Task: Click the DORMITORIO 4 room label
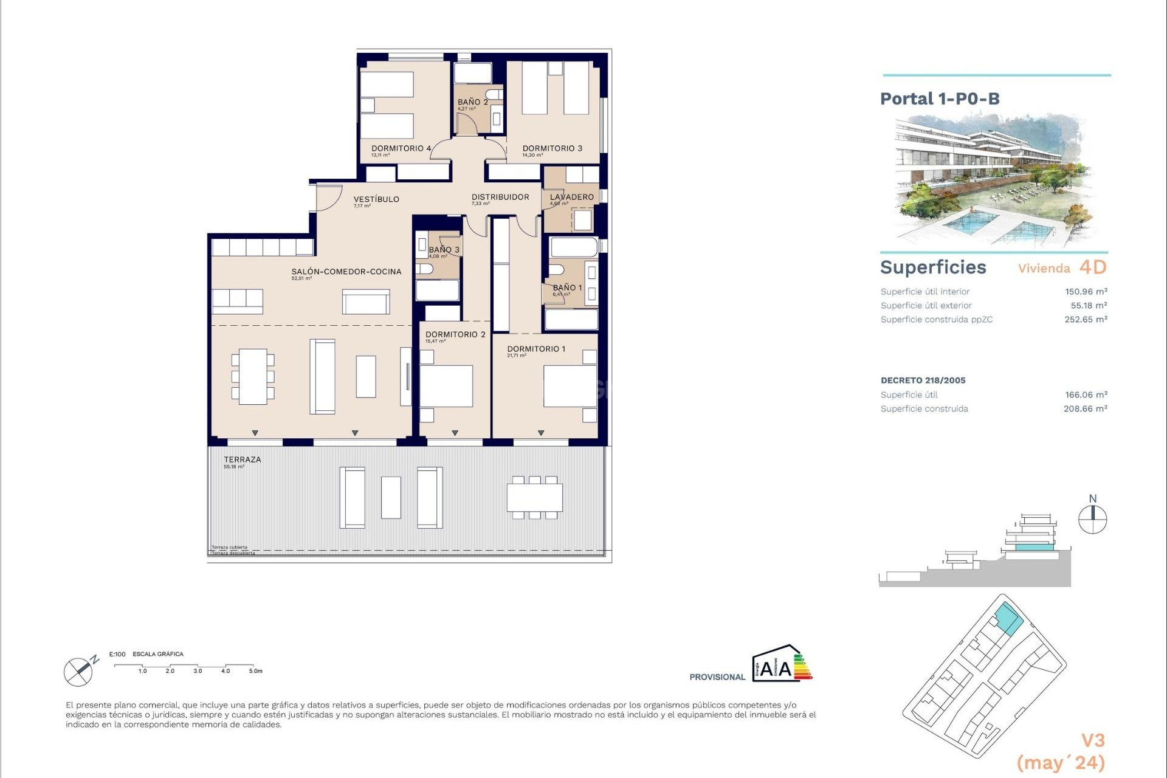point(401,148)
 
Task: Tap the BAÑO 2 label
point(472,102)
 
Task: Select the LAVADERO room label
point(571,197)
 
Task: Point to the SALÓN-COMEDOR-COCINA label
point(346,272)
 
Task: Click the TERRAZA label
point(242,460)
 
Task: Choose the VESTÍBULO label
point(376,199)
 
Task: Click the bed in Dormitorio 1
point(570,386)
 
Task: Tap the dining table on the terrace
point(534,497)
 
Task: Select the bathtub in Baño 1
point(573,247)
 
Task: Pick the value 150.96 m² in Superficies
point(1086,292)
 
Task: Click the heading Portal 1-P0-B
point(940,98)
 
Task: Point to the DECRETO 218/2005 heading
point(923,380)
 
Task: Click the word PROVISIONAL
point(717,677)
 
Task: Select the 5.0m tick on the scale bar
point(255,671)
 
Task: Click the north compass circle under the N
point(1092,520)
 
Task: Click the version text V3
point(1092,740)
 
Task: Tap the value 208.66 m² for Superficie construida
point(1085,409)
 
